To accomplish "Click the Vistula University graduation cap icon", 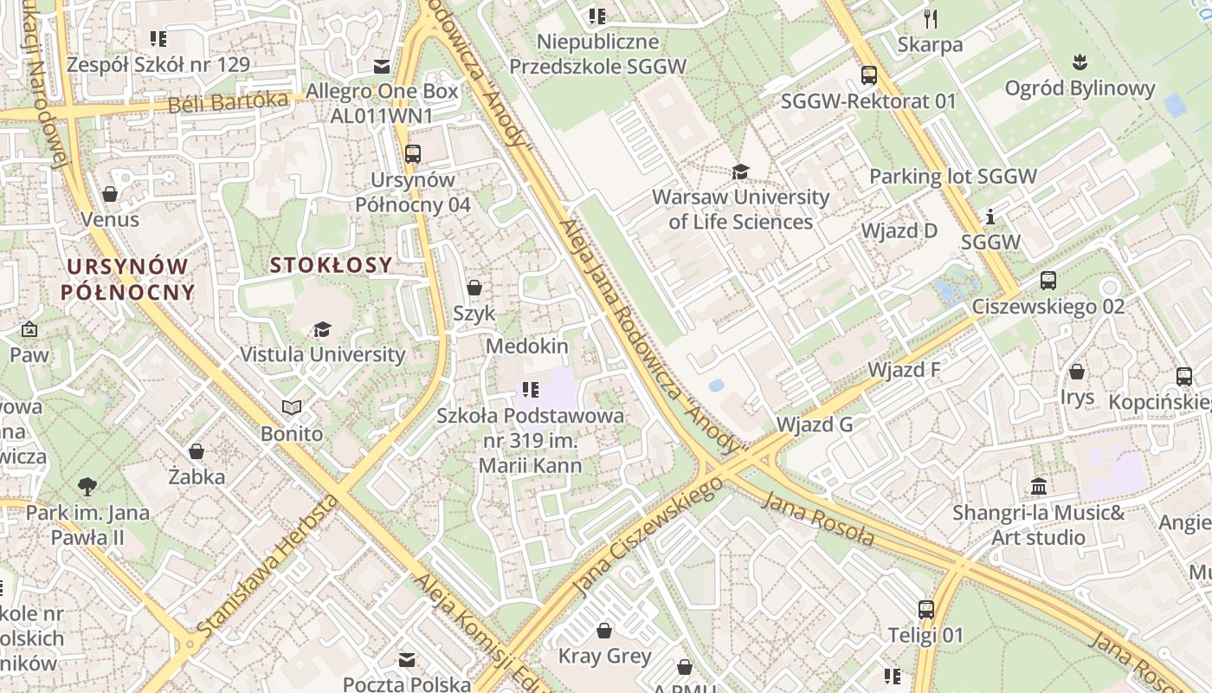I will pyautogui.click(x=322, y=329).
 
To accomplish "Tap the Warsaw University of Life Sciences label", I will pyautogui.click(x=740, y=209).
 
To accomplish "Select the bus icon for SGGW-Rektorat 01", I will pyautogui.click(x=868, y=76).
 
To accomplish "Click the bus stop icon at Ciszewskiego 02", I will pyautogui.click(x=1048, y=281).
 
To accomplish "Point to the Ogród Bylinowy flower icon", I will pyautogui.click(x=1080, y=62).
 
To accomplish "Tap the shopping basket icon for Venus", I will pyautogui.click(x=110, y=194).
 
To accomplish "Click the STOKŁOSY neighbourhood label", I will pyautogui.click(x=331, y=265).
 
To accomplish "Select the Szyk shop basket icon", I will pyautogui.click(x=474, y=288).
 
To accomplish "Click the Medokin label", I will pyautogui.click(x=527, y=346).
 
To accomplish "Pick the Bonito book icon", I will pyautogui.click(x=292, y=408).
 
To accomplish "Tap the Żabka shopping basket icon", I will pyautogui.click(x=197, y=451).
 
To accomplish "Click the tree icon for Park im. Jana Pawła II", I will pyautogui.click(x=87, y=487).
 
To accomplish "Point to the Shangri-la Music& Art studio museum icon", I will pyautogui.click(x=1039, y=487).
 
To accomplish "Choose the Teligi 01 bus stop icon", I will pyautogui.click(x=925, y=610).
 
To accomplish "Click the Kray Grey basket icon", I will pyautogui.click(x=604, y=631).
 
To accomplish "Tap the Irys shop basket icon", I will pyautogui.click(x=1077, y=372).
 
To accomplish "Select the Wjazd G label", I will pyautogui.click(x=815, y=424).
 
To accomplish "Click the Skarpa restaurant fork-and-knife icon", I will pyautogui.click(x=931, y=19).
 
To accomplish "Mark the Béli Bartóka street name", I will pyautogui.click(x=228, y=103).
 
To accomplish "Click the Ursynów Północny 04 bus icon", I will pyautogui.click(x=413, y=154).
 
